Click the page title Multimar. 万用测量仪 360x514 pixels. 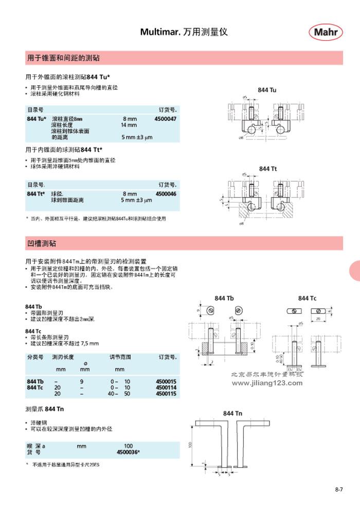(x=184, y=32)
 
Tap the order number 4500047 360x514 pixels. (x=165, y=119)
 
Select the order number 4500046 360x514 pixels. (x=165, y=194)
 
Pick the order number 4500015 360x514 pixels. (x=165, y=381)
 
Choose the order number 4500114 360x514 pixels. (x=165, y=387)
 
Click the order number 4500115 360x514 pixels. (x=165, y=393)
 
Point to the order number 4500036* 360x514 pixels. (x=129, y=452)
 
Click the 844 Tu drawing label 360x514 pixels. (x=267, y=91)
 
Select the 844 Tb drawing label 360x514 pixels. (x=224, y=298)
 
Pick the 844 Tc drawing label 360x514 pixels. (x=307, y=298)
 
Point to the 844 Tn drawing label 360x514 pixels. (x=232, y=414)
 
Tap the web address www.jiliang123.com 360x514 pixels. (x=267, y=383)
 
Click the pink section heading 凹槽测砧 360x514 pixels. (x=42, y=243)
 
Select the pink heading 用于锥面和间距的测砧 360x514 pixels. (x=63, y=58)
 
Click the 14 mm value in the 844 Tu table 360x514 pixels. (x=129, y=125)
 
